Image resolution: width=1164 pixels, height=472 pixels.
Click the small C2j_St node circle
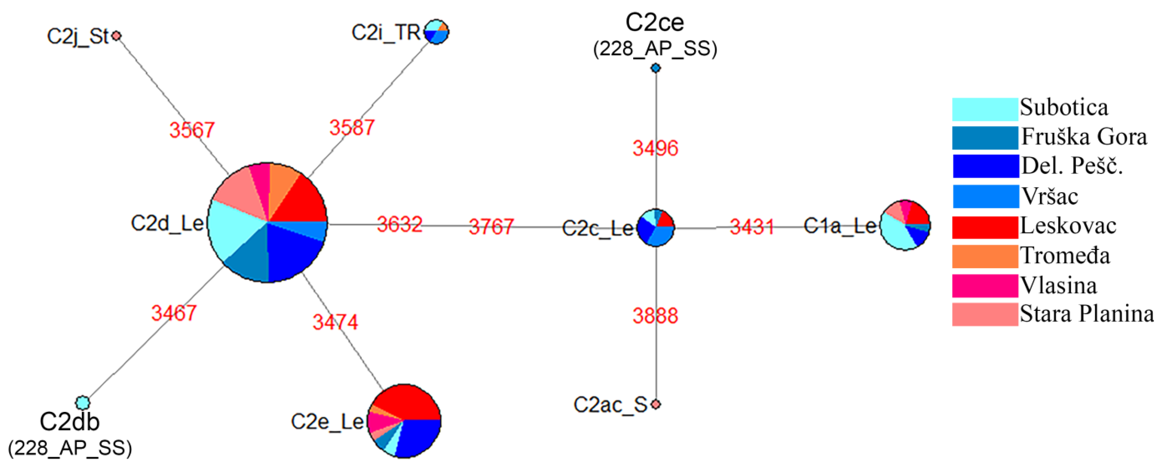pyautogui.click(x=117, y=35)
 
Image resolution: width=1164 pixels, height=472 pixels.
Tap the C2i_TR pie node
pyautogui.click(x=437, y=32)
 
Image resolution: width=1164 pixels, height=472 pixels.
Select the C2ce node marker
pyautogui.click(x=656, y=68)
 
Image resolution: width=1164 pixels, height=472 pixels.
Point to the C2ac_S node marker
pyautogui.click(x=656, y=404)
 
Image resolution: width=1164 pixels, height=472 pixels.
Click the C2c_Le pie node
pyautogui.click(x=655, y=228)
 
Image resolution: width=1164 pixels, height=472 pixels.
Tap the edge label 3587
pyautogui.click(x=352, y=127)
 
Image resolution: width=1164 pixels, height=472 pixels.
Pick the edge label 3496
pyautogui.click(x=655, y=148)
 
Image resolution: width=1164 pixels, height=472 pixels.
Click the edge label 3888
pyautogui.click(x=655, y=316)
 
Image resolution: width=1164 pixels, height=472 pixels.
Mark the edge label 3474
pyautogui.click(x=335, y=322)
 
